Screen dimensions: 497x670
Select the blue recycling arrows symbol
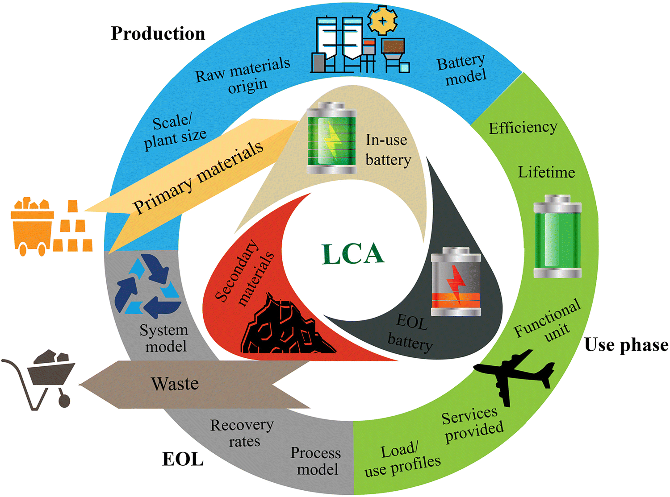[147, 286]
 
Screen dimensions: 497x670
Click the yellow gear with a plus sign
[383, 20]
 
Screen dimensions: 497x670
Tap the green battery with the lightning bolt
[331, 138]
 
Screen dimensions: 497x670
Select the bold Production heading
[158, 33]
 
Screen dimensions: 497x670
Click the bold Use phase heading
[626, 345]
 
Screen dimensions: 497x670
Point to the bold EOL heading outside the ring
[183, 459]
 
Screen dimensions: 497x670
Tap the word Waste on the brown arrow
[175, 384]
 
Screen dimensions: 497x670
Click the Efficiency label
[523, 128]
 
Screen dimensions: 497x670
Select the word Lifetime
[546, 172]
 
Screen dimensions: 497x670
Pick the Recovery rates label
[242, 433]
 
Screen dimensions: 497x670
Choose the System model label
[164, 338]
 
